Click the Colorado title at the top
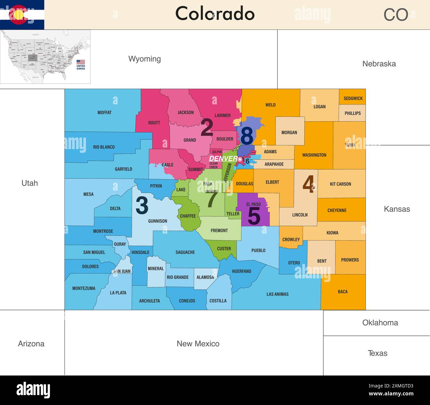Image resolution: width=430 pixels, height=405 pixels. (215, 14)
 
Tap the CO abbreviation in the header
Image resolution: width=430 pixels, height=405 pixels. (396, 15)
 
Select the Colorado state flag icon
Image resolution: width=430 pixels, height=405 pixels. (22, 15)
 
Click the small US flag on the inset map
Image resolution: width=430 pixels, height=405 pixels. (81, 62)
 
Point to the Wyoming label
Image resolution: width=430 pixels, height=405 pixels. (145, 59)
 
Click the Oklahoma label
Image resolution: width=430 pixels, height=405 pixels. (380, 323)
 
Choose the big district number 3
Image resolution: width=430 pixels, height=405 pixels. (142, 206)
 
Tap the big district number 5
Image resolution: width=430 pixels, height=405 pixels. (254, 216)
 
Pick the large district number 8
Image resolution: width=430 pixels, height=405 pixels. (247, 136)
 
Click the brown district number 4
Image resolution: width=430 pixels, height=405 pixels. (308, 184)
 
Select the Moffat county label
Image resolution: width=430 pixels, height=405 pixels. (105, 113)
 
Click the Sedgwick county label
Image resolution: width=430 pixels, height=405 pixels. (353, 98)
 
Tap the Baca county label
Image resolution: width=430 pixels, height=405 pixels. (343, 292)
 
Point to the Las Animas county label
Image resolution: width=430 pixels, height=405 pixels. (277, 294)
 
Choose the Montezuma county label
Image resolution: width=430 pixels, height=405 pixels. (84, 288)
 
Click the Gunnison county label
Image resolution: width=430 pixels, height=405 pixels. (157, 221)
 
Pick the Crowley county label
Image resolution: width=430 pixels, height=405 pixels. (291, 239)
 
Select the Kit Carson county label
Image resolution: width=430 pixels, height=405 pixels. (340, 184)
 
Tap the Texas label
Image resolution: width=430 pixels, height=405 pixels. (377, 353)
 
